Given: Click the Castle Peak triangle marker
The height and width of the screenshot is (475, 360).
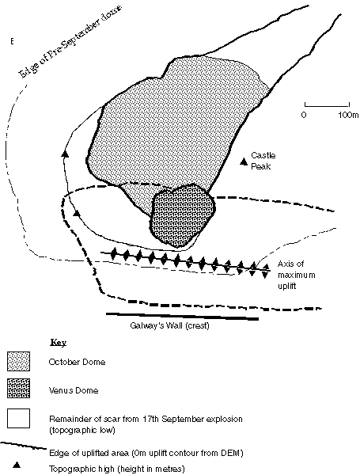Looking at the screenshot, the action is coord(244,162).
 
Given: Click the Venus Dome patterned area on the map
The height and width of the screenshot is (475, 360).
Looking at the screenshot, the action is coord(183,215).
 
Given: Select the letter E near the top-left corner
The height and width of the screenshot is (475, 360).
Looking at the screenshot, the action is coord(12,41).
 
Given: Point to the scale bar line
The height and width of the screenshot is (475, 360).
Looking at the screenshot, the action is coord(327,105).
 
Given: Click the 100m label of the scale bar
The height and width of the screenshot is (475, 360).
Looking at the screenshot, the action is coord(348,115).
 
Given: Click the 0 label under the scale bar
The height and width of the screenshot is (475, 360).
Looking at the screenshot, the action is coord(304,115).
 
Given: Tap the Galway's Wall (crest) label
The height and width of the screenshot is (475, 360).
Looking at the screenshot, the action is coord(169,325).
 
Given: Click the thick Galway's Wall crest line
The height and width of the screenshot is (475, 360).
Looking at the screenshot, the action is coord(182,316).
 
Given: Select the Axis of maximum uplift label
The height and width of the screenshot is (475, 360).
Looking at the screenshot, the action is coord(292,275).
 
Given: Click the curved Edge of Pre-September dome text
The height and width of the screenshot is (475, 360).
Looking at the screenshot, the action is coord(69,42).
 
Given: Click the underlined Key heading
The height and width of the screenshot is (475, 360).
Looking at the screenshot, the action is coord(58,343).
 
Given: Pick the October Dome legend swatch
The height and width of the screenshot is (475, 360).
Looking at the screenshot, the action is coord(18,362).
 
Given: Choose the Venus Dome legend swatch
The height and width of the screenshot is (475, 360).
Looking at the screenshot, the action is coord(18,388).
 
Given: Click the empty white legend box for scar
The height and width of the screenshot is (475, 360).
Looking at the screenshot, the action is coord(18,418).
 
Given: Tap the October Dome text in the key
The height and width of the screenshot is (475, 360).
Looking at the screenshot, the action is coord(77,362).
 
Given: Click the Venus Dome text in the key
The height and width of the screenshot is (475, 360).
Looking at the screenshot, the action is coord(74,390).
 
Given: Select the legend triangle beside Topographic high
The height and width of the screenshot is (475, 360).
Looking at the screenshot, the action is coord(17,465).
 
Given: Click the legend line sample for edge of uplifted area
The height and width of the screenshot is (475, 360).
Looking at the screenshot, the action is coord(23,446).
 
